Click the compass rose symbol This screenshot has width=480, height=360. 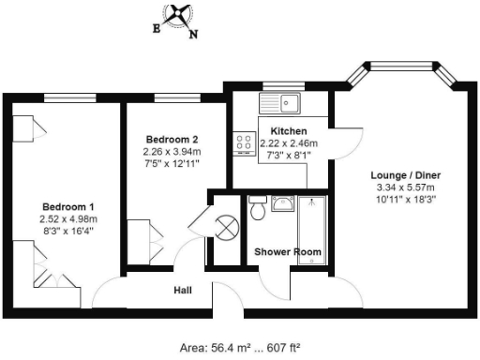click(x=176, y=16)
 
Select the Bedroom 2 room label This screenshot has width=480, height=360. click(x=171, y=139)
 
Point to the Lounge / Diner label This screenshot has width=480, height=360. click(x=406, y=175)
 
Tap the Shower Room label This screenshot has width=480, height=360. click(x=289, y=252)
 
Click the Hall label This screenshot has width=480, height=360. click(x=183, y=291)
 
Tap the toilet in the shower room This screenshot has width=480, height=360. click(x=258, y=210)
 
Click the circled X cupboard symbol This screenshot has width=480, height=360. click(x=226, y=227)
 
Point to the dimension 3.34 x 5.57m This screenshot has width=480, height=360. click(x=406, y=187)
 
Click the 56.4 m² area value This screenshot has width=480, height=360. click(x=226, y=347)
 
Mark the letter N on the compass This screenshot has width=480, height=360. click(x=194, y=36)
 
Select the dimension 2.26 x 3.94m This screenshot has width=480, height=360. click(x=171, y=151)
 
